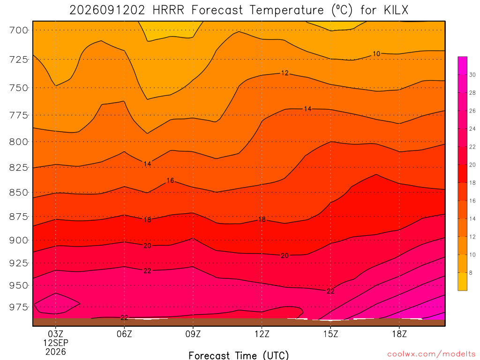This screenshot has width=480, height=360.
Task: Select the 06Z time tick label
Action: pyautogui.click(x=124, y=334)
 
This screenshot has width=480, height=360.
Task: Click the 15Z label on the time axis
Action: pyautogui.click(x=330, y=334)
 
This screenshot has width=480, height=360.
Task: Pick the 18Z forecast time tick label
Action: pyautogui.click(x=399, y=334)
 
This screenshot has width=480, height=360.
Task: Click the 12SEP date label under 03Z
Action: pyautogui.click(x=56, y=343)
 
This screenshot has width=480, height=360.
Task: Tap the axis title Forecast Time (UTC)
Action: pyautogui.click(x=239, y=355)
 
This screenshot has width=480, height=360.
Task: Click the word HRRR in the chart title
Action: pyautogui.click(x=168, y=10)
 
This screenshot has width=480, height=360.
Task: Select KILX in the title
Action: pyautogui.click(x=396, y=10)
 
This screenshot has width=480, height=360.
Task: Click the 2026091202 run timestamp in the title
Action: pyautogui.click(x=107, y=10)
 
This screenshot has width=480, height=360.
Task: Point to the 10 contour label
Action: pyautogui.click(x=376, y=54)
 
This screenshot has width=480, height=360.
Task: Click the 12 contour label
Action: pyautogui.click(x=285, y=73)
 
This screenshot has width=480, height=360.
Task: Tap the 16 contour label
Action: pyautogui.click(x=170, y=180)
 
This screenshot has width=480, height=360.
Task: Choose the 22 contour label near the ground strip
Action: pyautogui.click(x=124, y=318)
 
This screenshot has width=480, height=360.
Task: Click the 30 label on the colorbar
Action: pyautogui.click(x=472, y=75)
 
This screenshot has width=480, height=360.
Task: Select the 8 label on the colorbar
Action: pyautogui.click(x=471, y=273)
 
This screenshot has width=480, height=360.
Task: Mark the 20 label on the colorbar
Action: pyautogui.click(x=472, y=165)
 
